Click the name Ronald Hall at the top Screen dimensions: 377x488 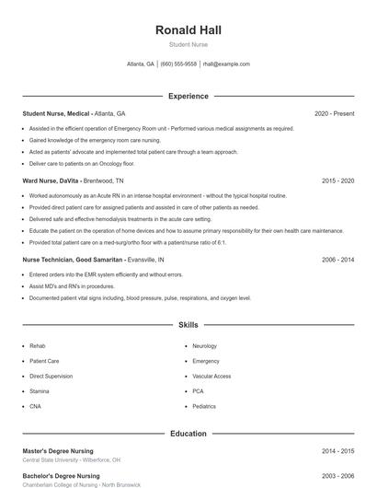tap(188, 30)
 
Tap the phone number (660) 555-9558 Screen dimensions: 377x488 tap(178, 64)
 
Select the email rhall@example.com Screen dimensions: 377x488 tap(226, 64)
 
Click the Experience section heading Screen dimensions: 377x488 tap(188, 96)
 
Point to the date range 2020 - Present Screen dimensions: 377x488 tap(334, 113)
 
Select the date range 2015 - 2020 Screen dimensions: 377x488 tap(337, 181)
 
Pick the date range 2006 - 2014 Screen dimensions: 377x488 tap(337, 260)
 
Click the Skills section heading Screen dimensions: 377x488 tap(188, 325)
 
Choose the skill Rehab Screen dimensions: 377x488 tap(37, 346)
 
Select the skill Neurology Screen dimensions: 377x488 tap(204, 346)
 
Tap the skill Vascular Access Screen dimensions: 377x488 tap(211, 376)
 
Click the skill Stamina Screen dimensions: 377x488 tap(40, 390)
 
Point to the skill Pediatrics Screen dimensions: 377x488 tap(204, 406)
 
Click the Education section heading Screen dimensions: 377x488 tap(188, 433)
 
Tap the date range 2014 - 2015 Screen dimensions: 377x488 tap(337, 451)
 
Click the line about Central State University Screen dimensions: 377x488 tap(71, 459)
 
